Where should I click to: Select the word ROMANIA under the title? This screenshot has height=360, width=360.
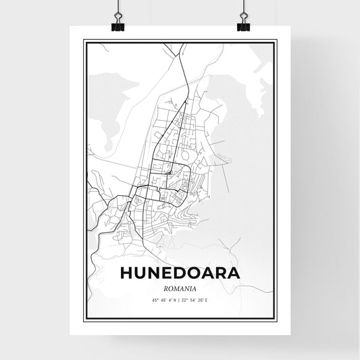pyautogui.click(x=180, y=286)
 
